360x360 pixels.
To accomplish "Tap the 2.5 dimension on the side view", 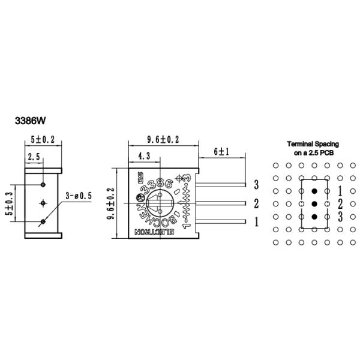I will (x=34, y=157).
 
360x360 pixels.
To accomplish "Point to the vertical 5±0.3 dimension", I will (x=8, y=203).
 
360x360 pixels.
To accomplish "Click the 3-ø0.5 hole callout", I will (x=80, y=196).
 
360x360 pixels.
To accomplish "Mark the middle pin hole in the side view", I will (x=43, y=203).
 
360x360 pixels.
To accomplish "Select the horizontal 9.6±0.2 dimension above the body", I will (x=163, y=139).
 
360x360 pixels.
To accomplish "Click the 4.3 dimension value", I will (x=143, y=156).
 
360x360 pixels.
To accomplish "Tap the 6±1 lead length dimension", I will (x=222, y=152).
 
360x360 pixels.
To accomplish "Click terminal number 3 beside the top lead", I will (x=256, y=185).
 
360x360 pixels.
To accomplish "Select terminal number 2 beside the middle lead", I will (x=256, y=203).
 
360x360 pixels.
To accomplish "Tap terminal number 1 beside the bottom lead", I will (x=256, y=222).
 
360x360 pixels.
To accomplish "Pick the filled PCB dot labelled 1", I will (x=314, y=191).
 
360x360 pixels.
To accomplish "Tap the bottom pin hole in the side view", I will (x=43, y=222).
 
